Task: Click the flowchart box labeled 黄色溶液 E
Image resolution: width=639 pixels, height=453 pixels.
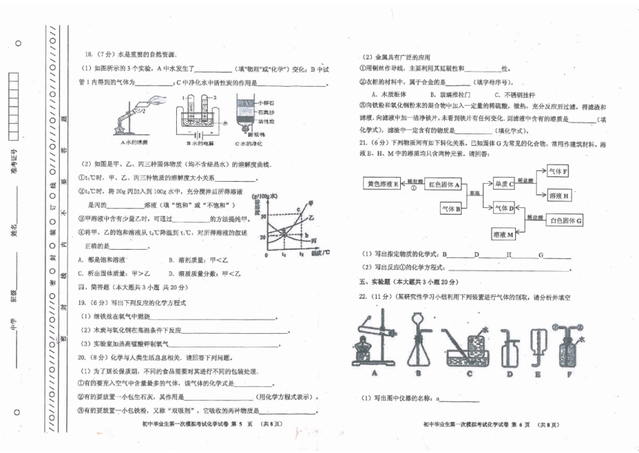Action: click(x=381, y=184)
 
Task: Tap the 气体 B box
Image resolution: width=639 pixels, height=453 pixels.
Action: click(x=451, y=209)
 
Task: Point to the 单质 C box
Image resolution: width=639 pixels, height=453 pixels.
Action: click(x=504, y=183)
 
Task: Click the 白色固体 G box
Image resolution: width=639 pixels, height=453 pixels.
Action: click(x=566, y=221)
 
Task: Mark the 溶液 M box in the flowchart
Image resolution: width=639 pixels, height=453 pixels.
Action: click(x=504, y=234)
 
